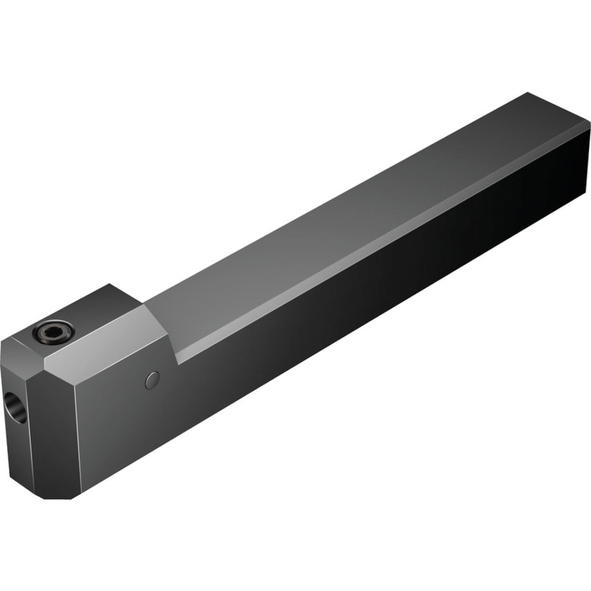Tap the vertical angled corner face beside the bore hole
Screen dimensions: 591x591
(x=52, y=429)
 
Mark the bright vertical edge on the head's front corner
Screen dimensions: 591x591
(x=76, y=429)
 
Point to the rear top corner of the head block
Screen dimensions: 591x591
(x=111, y=285)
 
